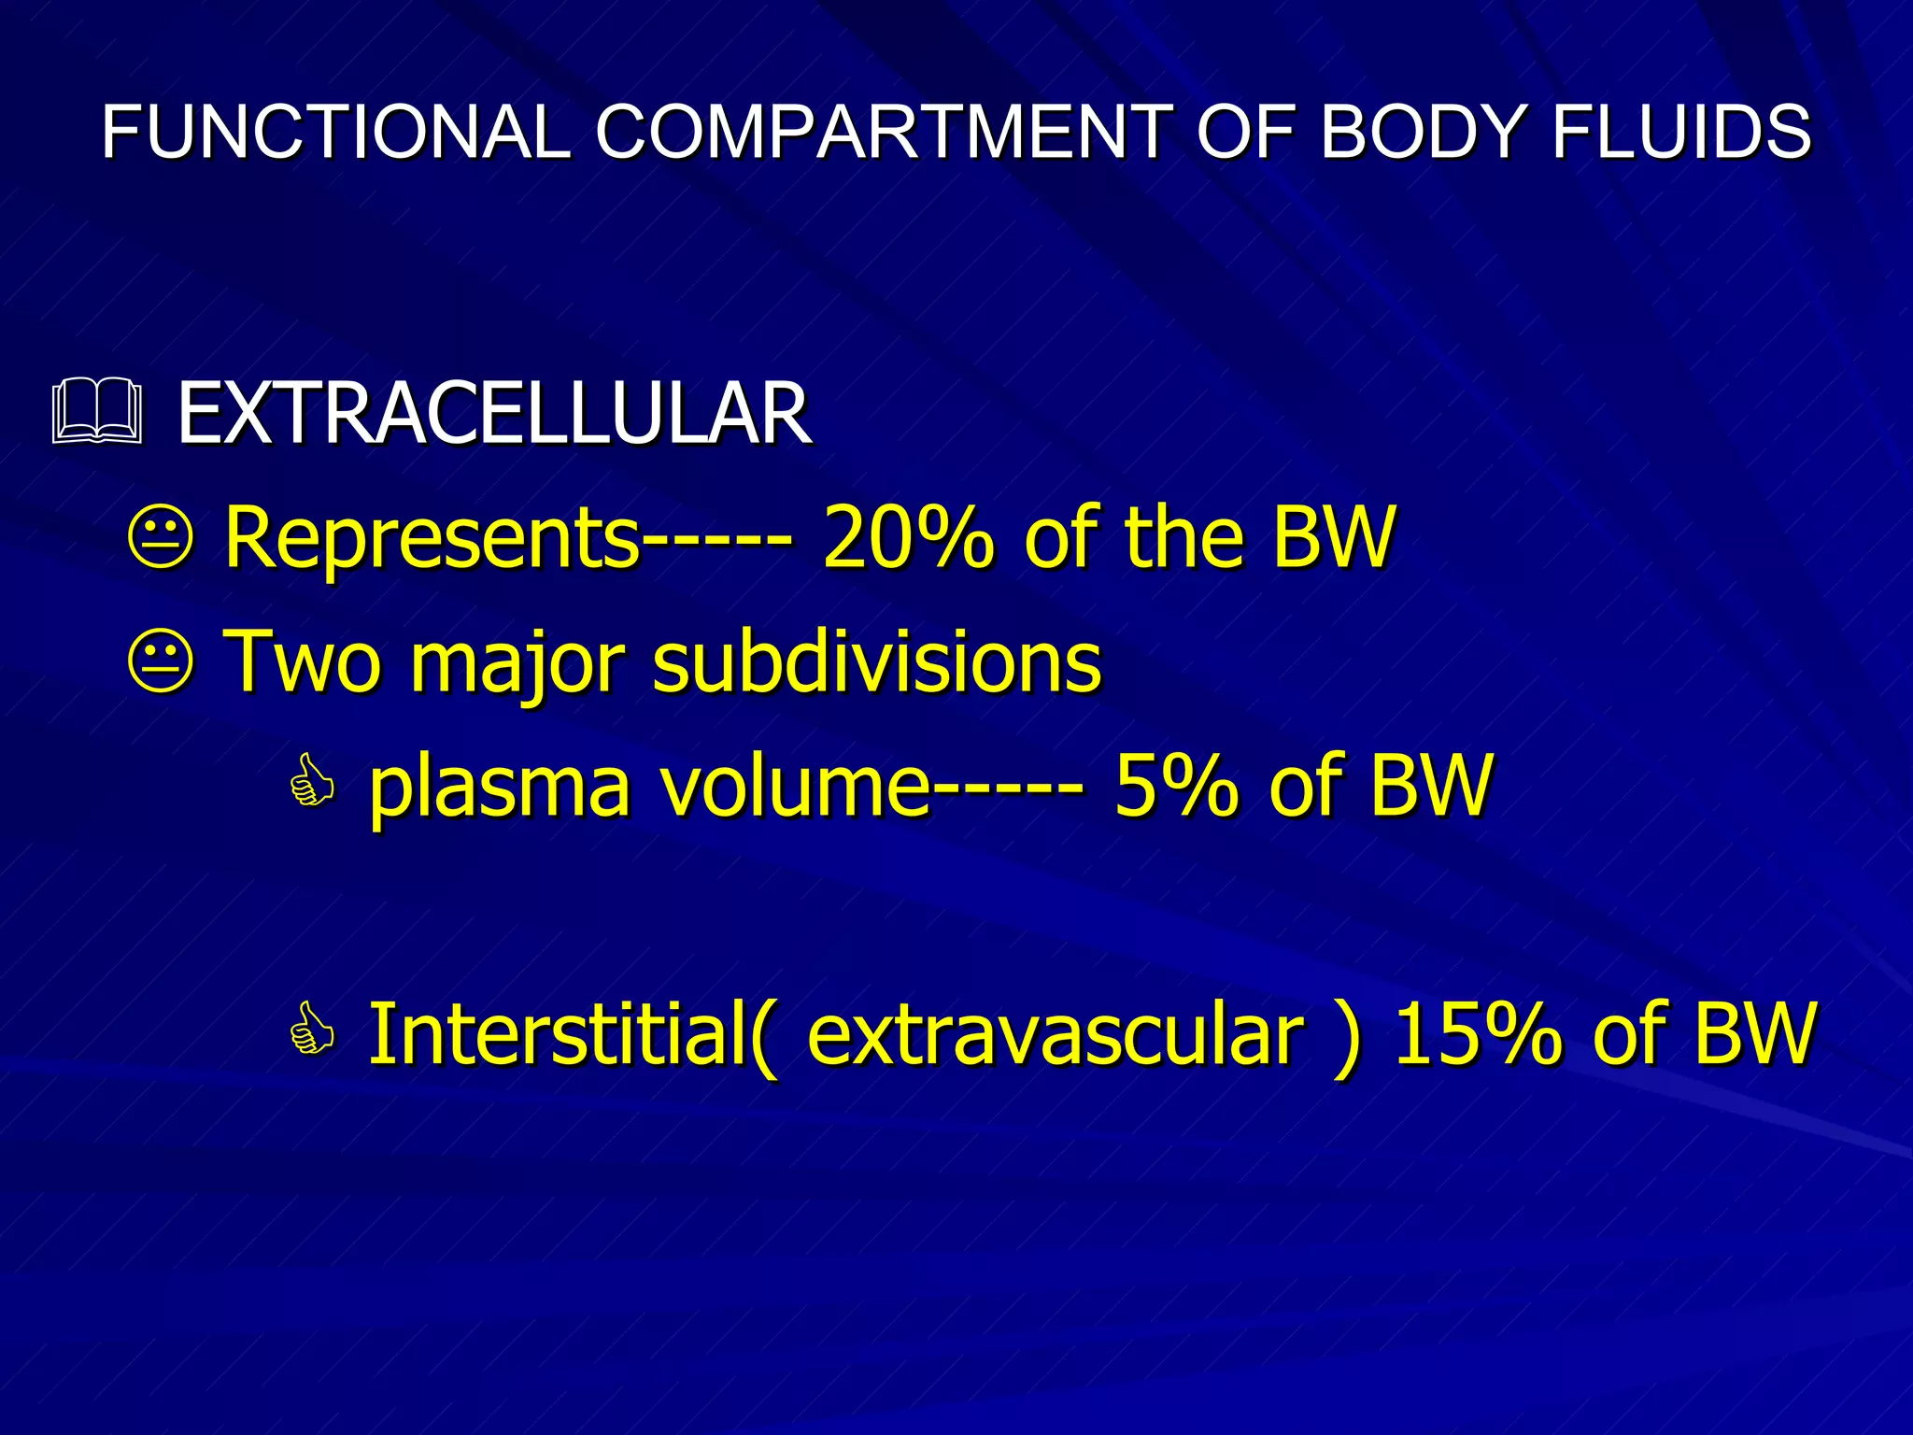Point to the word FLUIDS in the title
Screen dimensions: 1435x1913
pos(1681,132)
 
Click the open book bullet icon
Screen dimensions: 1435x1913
pos(97,411)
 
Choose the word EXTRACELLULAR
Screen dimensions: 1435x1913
pos(494,413)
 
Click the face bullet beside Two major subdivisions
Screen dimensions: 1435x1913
pos(161,661)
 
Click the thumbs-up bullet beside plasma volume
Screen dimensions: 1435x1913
pos(312,783)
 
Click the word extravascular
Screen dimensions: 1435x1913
pos(1056,1035)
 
